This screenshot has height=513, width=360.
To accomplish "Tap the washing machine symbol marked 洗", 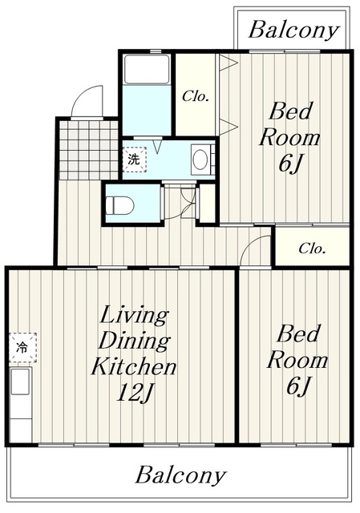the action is (x=135, y=160).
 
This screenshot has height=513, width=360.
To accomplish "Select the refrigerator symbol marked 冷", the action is (x=22, y=347).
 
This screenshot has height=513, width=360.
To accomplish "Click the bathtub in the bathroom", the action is (x=147, y=70).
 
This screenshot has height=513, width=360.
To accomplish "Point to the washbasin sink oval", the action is (x=200, y=160).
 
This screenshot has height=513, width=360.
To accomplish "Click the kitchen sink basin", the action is (x=21, y=382).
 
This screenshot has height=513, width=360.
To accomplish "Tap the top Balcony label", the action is (x=293, y=30).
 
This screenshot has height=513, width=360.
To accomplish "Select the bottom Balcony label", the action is (x=180, y=476).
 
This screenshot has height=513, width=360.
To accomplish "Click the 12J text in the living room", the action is (x=135, y=392).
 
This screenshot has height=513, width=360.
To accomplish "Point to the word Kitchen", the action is (x=134, y=366).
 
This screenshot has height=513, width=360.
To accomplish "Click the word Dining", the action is (x=134, y=341).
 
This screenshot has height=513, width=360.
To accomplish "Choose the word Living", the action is (x=134, y=315).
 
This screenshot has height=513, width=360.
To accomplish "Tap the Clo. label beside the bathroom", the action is (x=196, y=96).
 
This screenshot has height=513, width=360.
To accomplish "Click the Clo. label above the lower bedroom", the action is (x=312, y=248).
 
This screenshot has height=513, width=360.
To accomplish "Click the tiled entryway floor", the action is (x=89, y=150).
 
